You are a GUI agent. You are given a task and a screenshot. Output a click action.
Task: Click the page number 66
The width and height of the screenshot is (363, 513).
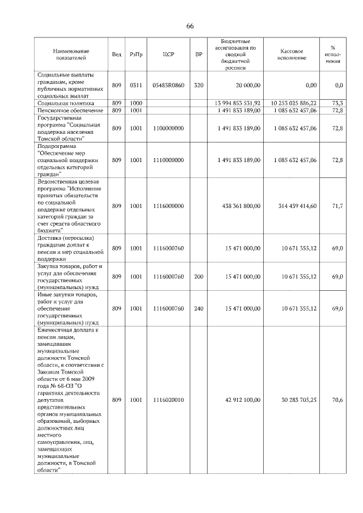coord(190,27)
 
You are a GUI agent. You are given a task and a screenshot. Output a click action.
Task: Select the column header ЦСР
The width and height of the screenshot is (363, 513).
coord(168,54)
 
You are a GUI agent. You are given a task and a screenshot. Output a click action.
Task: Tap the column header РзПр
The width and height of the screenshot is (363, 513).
coord(136,54)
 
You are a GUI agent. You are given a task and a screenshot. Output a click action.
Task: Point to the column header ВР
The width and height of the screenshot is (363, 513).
coord(199,54)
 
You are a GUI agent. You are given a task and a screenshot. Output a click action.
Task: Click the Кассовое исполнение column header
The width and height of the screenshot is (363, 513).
coord(293,54)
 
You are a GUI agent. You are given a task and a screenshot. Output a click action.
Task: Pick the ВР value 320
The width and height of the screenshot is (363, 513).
coord(199,85)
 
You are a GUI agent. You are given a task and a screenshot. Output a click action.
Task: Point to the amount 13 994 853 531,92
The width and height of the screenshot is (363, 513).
coord(238,103)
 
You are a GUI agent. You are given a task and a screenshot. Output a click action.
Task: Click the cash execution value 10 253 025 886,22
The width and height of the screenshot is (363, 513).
coord(294,103)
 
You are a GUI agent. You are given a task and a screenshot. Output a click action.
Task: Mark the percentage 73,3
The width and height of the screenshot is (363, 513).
coord(338,103)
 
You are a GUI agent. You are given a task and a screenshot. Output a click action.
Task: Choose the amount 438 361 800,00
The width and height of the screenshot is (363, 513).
coord(239,206)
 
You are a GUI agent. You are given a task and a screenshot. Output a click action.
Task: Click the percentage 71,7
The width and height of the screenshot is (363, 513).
coord(338,206)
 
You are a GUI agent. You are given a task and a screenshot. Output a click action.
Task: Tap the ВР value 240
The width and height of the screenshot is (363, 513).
coord(199,308)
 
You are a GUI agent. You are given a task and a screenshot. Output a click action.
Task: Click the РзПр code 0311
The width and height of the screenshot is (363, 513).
coord(136,85)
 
